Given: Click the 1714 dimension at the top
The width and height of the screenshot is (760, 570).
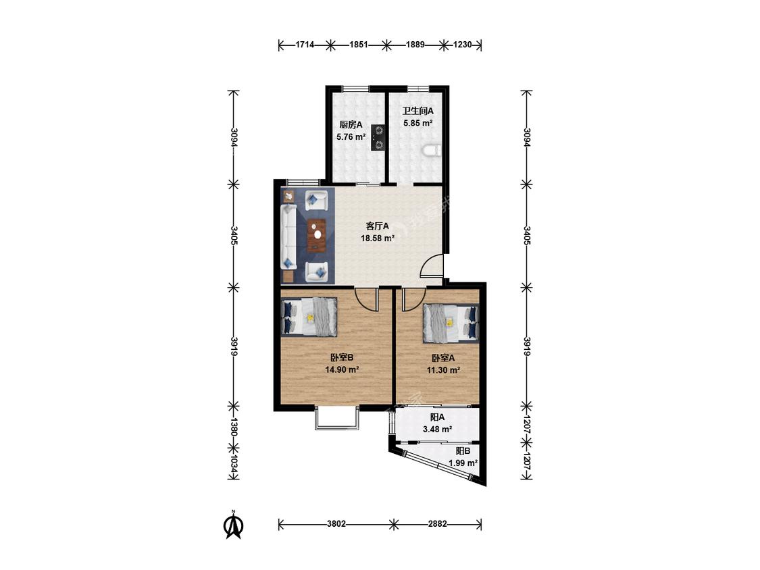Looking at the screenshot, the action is (x=305, y=45).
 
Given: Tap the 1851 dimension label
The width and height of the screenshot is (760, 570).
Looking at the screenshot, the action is (x=358, y=45).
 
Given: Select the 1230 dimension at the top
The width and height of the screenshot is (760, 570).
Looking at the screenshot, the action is (x=462, y=45).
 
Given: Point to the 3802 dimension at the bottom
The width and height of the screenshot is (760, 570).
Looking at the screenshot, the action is (x=336, y=524).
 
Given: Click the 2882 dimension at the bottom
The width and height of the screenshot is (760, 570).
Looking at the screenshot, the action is (x=438, y=524).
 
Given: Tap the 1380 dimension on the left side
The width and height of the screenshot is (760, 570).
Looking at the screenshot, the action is (x=234, y=427).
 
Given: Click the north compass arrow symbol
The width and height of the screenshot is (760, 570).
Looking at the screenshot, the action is (x=233, y=525).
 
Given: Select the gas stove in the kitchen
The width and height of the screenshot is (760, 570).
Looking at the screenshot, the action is (x=378, y=137).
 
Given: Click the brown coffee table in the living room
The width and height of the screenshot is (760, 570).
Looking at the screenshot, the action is (x=318, y=235).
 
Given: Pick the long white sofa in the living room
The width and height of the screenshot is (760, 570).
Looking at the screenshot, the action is (x=289, y=236).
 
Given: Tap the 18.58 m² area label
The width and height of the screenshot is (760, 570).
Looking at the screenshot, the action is (x=377, y=238).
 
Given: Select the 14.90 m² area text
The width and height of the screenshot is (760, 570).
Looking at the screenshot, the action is (x=342, y=370).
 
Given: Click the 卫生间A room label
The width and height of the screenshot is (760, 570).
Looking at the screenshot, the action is (x=417, y=111).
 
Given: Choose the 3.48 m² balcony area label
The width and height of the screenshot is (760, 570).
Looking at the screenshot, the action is (x=438, y=430).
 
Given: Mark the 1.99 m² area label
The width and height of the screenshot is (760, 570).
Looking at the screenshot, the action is (x=463, y=463).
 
